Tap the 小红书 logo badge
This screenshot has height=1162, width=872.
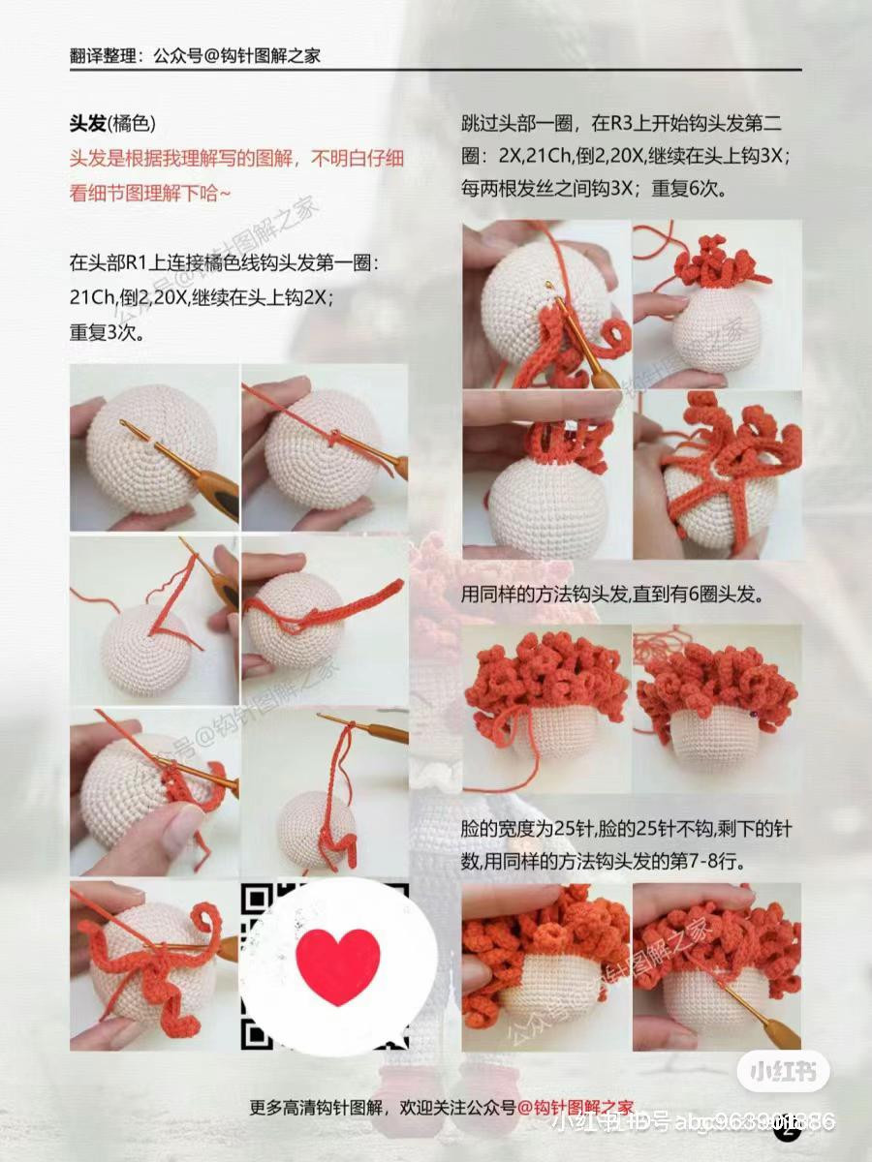(x=783, y=1072)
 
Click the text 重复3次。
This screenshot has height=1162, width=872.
(x=107, y=332)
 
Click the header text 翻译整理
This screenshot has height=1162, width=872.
(x=106, y=56)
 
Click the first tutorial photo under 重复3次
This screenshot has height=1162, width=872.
(x=154, y=447)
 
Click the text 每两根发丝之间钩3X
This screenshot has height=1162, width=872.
(x=538, y=189)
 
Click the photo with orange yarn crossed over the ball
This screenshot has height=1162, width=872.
(x=718, y=474)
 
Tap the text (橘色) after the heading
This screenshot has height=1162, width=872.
(x=132, y=125)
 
